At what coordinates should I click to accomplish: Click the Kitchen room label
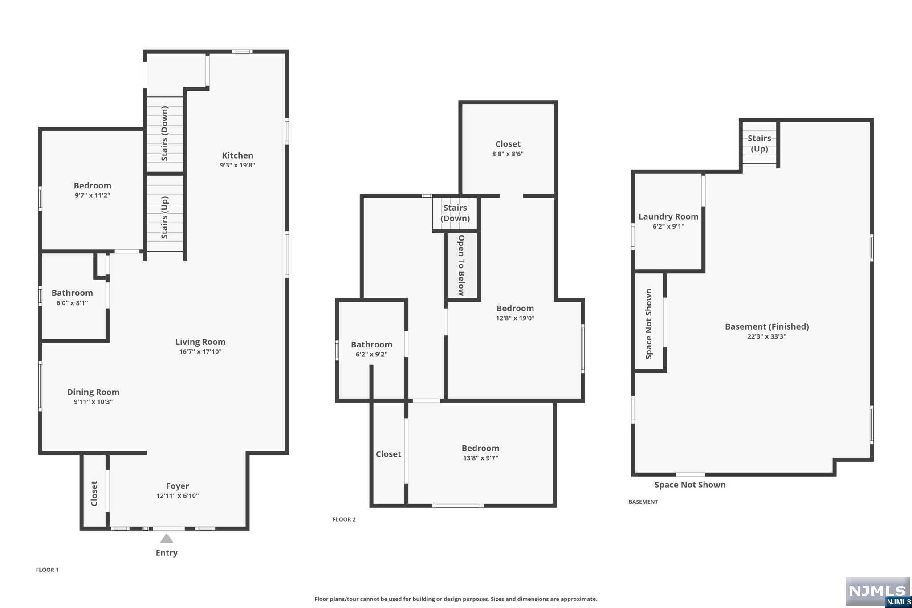tap(237, 155)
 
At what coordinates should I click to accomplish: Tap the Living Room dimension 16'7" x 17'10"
tap(200, 351)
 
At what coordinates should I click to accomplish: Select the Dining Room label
tap(93, 392)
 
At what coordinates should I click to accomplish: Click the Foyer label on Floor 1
tap(177, 486)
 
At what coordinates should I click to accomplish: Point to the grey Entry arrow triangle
tap(167, 539)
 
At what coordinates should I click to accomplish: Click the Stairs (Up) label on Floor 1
tap(164, 217)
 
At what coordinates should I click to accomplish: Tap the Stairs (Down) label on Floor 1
tap(164, 134)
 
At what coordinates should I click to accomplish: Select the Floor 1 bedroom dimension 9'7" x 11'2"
tap(93, 195)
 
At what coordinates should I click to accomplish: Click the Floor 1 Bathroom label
tap(72, 293)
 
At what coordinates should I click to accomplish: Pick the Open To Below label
tap(461, 265)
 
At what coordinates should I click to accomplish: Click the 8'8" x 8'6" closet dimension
tap(508, 154)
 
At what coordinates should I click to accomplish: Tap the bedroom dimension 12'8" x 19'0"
tap(515, 318)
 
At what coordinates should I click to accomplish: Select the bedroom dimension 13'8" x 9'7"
tap(480, 458)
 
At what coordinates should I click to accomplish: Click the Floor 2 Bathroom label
tap(371, 344)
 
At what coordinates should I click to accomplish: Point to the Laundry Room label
tap(668, 216)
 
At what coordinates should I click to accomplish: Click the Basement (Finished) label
tap(767, 326)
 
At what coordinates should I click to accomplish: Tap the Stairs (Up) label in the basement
tap(759, 143)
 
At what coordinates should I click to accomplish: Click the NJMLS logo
tap(877, 592)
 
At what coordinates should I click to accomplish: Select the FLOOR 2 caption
tap(344, 519)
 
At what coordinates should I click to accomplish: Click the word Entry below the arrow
tap(167, 553)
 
